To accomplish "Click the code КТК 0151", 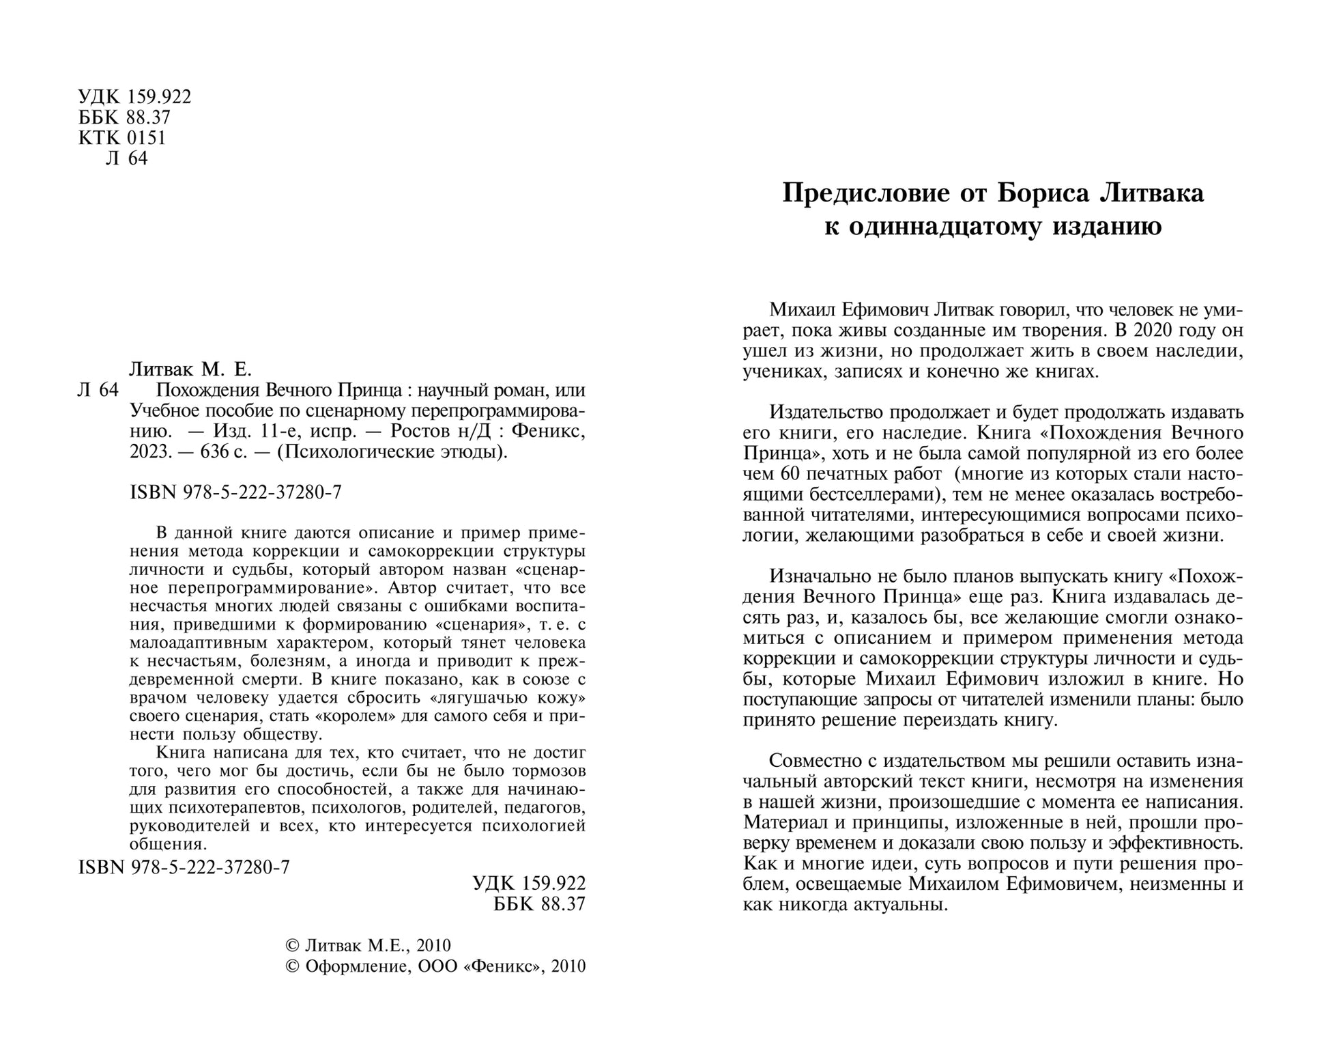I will [122, 138].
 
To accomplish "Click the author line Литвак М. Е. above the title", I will [190, 370].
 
